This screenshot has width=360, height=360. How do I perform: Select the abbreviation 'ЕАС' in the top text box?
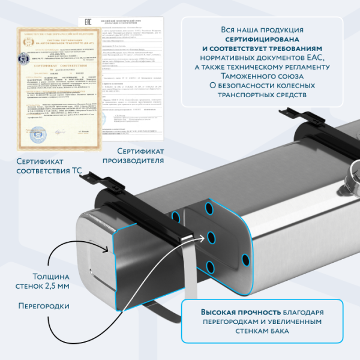[x=316, y=57]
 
